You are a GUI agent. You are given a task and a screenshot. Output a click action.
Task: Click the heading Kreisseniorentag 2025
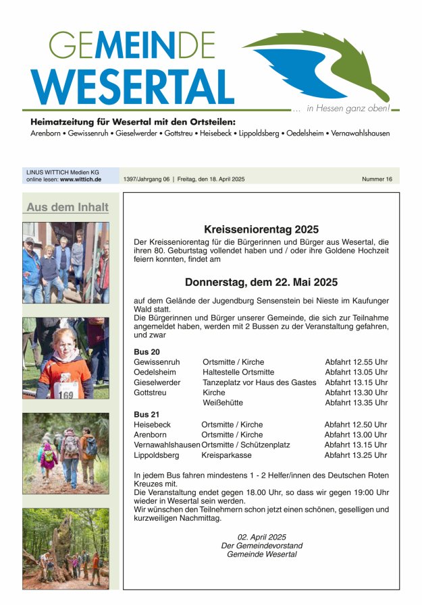(261, 229)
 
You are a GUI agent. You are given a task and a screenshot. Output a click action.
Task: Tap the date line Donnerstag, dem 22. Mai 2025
(261, 282)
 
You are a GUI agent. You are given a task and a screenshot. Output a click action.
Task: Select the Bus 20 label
(147, 351)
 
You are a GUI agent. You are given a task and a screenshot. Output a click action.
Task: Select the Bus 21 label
(147, 413)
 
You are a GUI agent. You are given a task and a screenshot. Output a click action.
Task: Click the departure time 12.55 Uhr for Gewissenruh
(357, 362)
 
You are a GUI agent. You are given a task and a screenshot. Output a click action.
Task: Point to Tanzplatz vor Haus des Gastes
(259, 382)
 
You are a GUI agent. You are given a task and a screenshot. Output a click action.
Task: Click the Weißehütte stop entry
(223, 403)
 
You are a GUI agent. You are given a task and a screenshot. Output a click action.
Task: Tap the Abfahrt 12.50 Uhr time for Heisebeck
(356, 425)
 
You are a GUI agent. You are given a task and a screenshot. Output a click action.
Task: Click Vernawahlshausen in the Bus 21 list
(167, 445)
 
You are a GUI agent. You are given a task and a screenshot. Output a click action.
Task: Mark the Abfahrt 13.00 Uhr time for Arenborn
(356, 435)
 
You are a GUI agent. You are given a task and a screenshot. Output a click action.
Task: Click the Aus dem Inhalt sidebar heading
(68, 207)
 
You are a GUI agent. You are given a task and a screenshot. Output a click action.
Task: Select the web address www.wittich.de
(80, 179)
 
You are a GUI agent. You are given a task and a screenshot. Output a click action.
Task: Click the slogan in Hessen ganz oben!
(348, 108)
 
